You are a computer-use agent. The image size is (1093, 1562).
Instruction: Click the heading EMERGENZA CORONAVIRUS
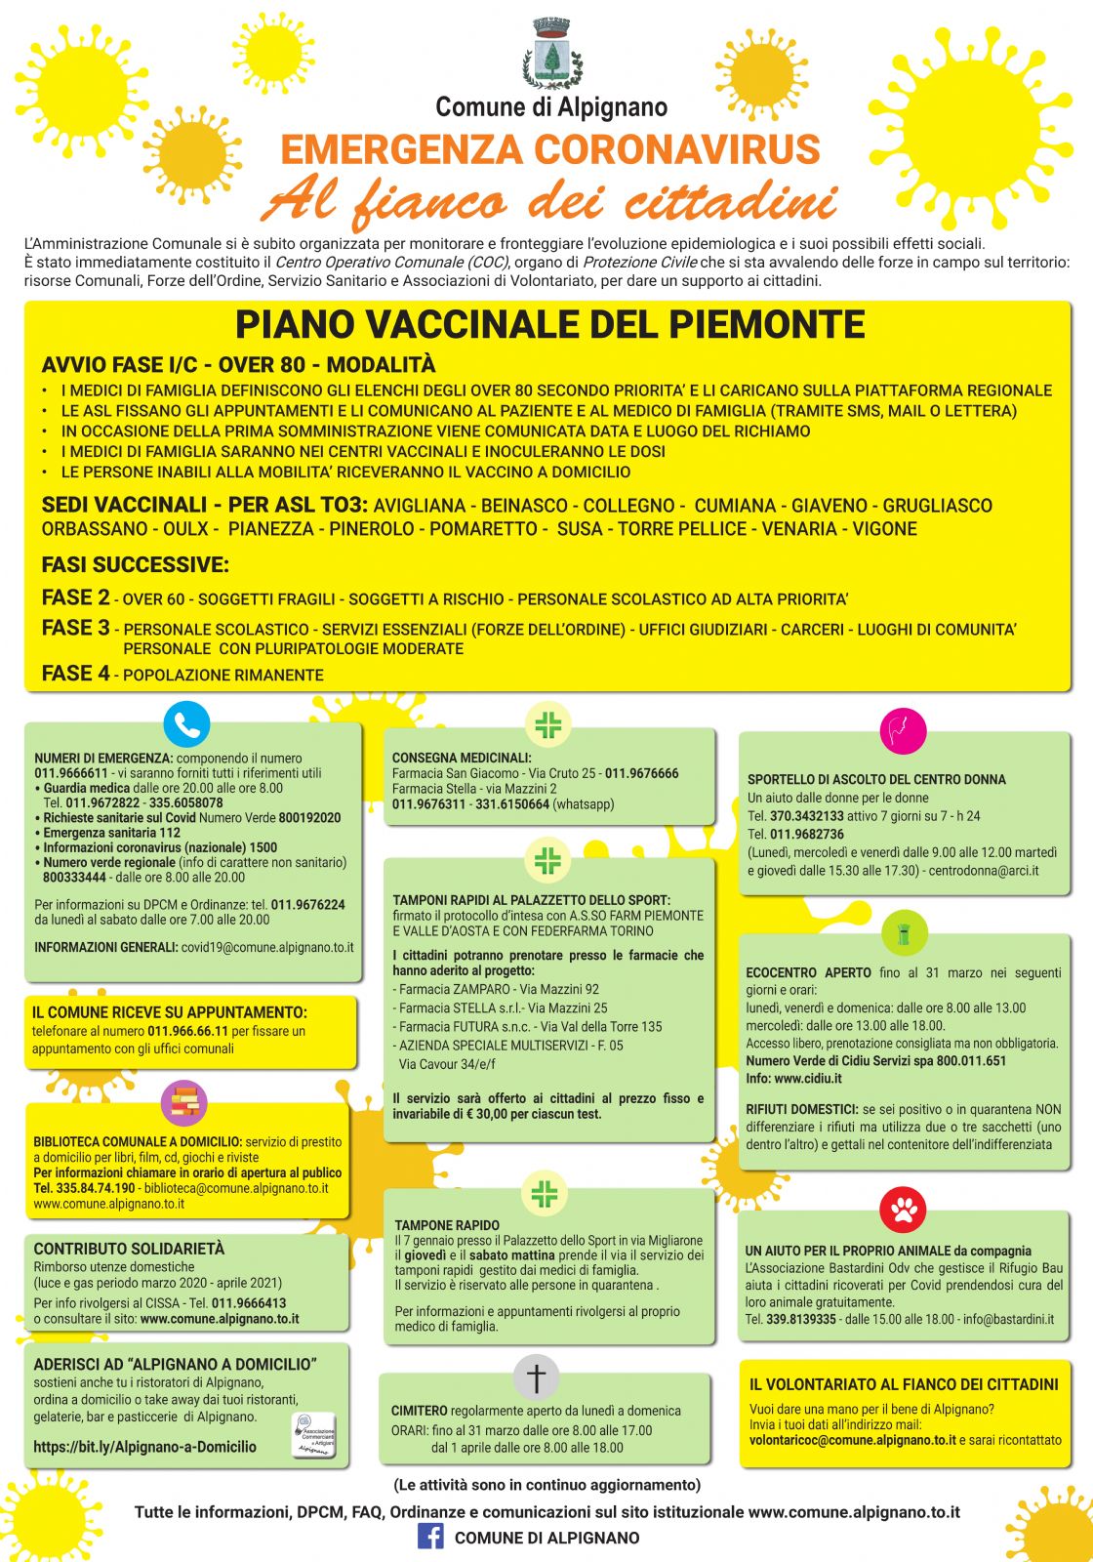pos(549,149)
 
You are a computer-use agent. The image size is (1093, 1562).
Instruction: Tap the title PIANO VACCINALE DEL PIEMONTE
pos(549,324)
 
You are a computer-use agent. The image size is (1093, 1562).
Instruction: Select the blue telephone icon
pos(186,724)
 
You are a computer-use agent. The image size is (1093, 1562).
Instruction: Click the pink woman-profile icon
pos(902,730)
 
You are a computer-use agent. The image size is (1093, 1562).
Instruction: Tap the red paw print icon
pos(903,1210)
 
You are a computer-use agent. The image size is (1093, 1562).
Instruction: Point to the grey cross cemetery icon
pos(536,1377)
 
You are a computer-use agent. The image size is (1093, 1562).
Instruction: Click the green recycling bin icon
pos(904,934)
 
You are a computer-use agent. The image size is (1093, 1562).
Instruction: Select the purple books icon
pos(183,1103)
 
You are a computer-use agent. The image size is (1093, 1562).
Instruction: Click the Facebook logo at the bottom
pos(430,1537)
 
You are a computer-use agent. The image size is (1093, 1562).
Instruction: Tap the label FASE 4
pos(75,674)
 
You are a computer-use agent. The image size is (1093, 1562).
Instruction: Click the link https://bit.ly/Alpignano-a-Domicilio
pos(145,1447)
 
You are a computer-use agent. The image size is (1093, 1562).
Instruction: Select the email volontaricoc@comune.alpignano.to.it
pos(852,1440)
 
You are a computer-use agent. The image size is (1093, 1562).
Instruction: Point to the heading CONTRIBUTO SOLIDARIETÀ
pos(129,1249)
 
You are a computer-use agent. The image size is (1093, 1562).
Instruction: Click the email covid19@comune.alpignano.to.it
pos(267,947)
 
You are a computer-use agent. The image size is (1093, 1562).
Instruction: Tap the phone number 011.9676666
pos(641,773)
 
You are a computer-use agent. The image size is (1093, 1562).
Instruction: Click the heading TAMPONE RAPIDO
pos(447,1225)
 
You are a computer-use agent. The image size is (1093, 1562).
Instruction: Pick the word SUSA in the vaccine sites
pos(579,529)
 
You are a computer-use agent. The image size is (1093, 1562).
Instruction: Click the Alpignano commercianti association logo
pos(314,1436)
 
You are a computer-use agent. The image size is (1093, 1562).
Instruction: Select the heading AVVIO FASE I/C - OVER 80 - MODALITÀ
pos(238,365)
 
